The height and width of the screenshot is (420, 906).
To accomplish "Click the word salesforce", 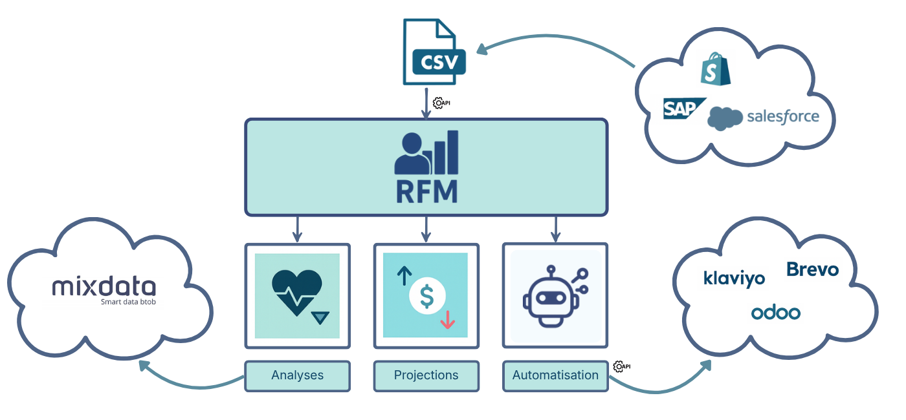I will [x=782, y=117].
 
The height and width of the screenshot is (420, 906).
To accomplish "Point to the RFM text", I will [x=426, y=191].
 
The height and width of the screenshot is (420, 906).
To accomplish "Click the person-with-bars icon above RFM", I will [x=426, y=152].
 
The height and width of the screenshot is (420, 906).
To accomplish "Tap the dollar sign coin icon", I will [x=426, y=295].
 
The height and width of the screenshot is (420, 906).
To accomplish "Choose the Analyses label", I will [x=297, y=375].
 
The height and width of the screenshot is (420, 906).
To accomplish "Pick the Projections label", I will [x=426, y=375].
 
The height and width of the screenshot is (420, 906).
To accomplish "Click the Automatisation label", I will [x=555, y=375].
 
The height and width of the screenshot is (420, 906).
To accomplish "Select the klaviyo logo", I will [x=734, y=278].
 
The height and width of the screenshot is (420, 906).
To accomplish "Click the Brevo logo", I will [x=813, y=269].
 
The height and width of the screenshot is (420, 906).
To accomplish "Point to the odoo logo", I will [x=775, y=313].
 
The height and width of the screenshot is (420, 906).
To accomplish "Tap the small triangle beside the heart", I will [x=320, y=317].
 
